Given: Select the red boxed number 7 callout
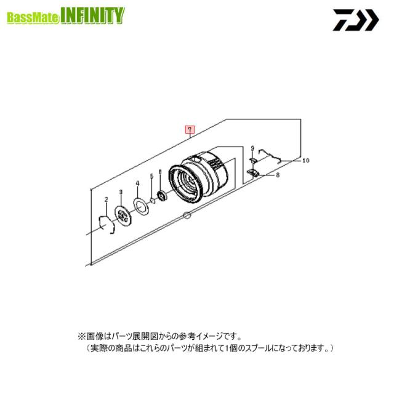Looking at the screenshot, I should point(190,130).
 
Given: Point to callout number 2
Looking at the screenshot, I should point(106,199).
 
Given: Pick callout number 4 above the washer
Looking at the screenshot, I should point(138,183).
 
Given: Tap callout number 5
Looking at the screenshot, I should point(151,177).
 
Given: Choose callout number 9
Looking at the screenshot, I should point(252,148).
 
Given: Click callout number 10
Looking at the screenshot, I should point(306,160).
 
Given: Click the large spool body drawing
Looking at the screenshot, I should point(199,179).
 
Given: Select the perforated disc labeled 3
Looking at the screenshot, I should point(123,215).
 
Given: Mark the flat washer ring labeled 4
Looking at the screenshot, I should point(140,206).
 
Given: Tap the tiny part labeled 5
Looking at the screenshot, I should point(152,199).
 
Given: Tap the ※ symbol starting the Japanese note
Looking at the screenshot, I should point(80,337).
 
